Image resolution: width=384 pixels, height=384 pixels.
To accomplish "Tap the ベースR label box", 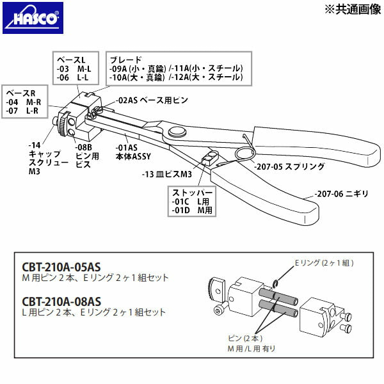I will point(25,102).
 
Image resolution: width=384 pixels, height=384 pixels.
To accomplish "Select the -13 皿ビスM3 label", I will point(167,173).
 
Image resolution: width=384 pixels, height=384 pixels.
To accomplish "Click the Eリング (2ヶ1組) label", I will point(323,262).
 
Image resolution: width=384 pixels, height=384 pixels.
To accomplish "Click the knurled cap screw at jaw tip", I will point(65,122).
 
